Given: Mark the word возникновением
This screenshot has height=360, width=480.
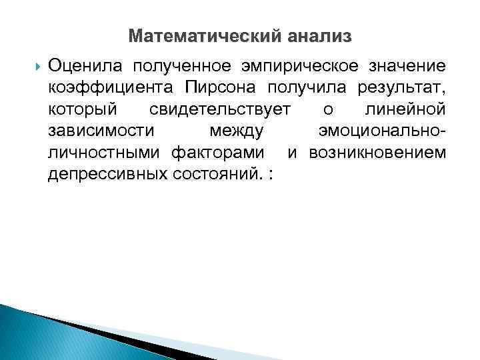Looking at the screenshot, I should (x=376, y=153).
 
